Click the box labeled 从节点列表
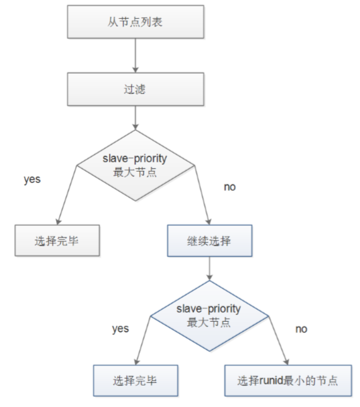pyautogui.click(x=136, y=22)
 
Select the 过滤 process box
pyautogui.click(x=136, y=89)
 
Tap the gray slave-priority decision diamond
pyautogui.click(x=136, y=165)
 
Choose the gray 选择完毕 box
pyautogui.click(x=57, y=240)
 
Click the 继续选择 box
pyautogui.click(x=209, y=241)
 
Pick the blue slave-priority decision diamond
pyautogui.click(x=209, y=316)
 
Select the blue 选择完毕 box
pyautogui.click(x=136, y=380)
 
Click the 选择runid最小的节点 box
pyautogui.click(x=288, y=380)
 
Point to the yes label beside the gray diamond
pyautogui.click(x=32, y=179)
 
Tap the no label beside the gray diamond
pyautogui.click(x=229, y=187)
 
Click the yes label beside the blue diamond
pyautogui.click(x=120, y=329)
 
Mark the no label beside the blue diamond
pyautogui.click(x=301, y=329)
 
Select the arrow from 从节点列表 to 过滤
pyautogui.click(x=136, y=56)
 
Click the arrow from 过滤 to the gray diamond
pyautogui.click(x=136, y=118)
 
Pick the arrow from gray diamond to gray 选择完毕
pyautogui.click(x=67, y=195)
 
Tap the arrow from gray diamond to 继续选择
pyautogui.click(x=202, y=195)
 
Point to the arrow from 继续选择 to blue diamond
pyautogui.click(x=209, y=269)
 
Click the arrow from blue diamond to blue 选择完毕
pyautogui.click(x=143, y=341)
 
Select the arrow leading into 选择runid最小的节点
pyautogui.click(x=279, y=341)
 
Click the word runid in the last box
pyautogui.click(x=271, y=380)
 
